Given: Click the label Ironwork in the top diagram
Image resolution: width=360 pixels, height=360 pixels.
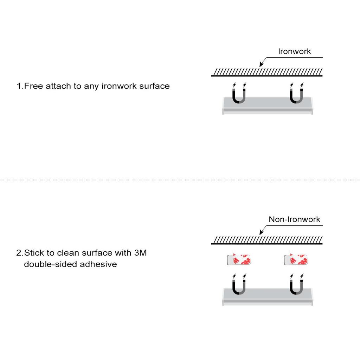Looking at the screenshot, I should point(295,51).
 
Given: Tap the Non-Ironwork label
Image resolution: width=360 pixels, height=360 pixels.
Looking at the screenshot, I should point(295,219).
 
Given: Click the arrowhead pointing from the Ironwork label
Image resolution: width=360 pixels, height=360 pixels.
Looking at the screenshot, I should point(261,64).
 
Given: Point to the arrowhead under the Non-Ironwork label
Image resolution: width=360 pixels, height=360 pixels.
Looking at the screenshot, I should point(261,232).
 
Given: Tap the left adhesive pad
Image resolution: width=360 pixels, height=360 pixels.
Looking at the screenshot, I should point(238,260).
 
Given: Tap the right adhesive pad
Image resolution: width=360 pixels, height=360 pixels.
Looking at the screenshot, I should point(296,260).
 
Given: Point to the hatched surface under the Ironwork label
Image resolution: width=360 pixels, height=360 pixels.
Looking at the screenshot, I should point(267,72).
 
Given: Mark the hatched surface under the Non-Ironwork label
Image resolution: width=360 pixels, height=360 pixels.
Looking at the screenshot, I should point(267,240).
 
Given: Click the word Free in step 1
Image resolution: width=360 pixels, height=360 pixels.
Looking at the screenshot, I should point(34,86).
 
